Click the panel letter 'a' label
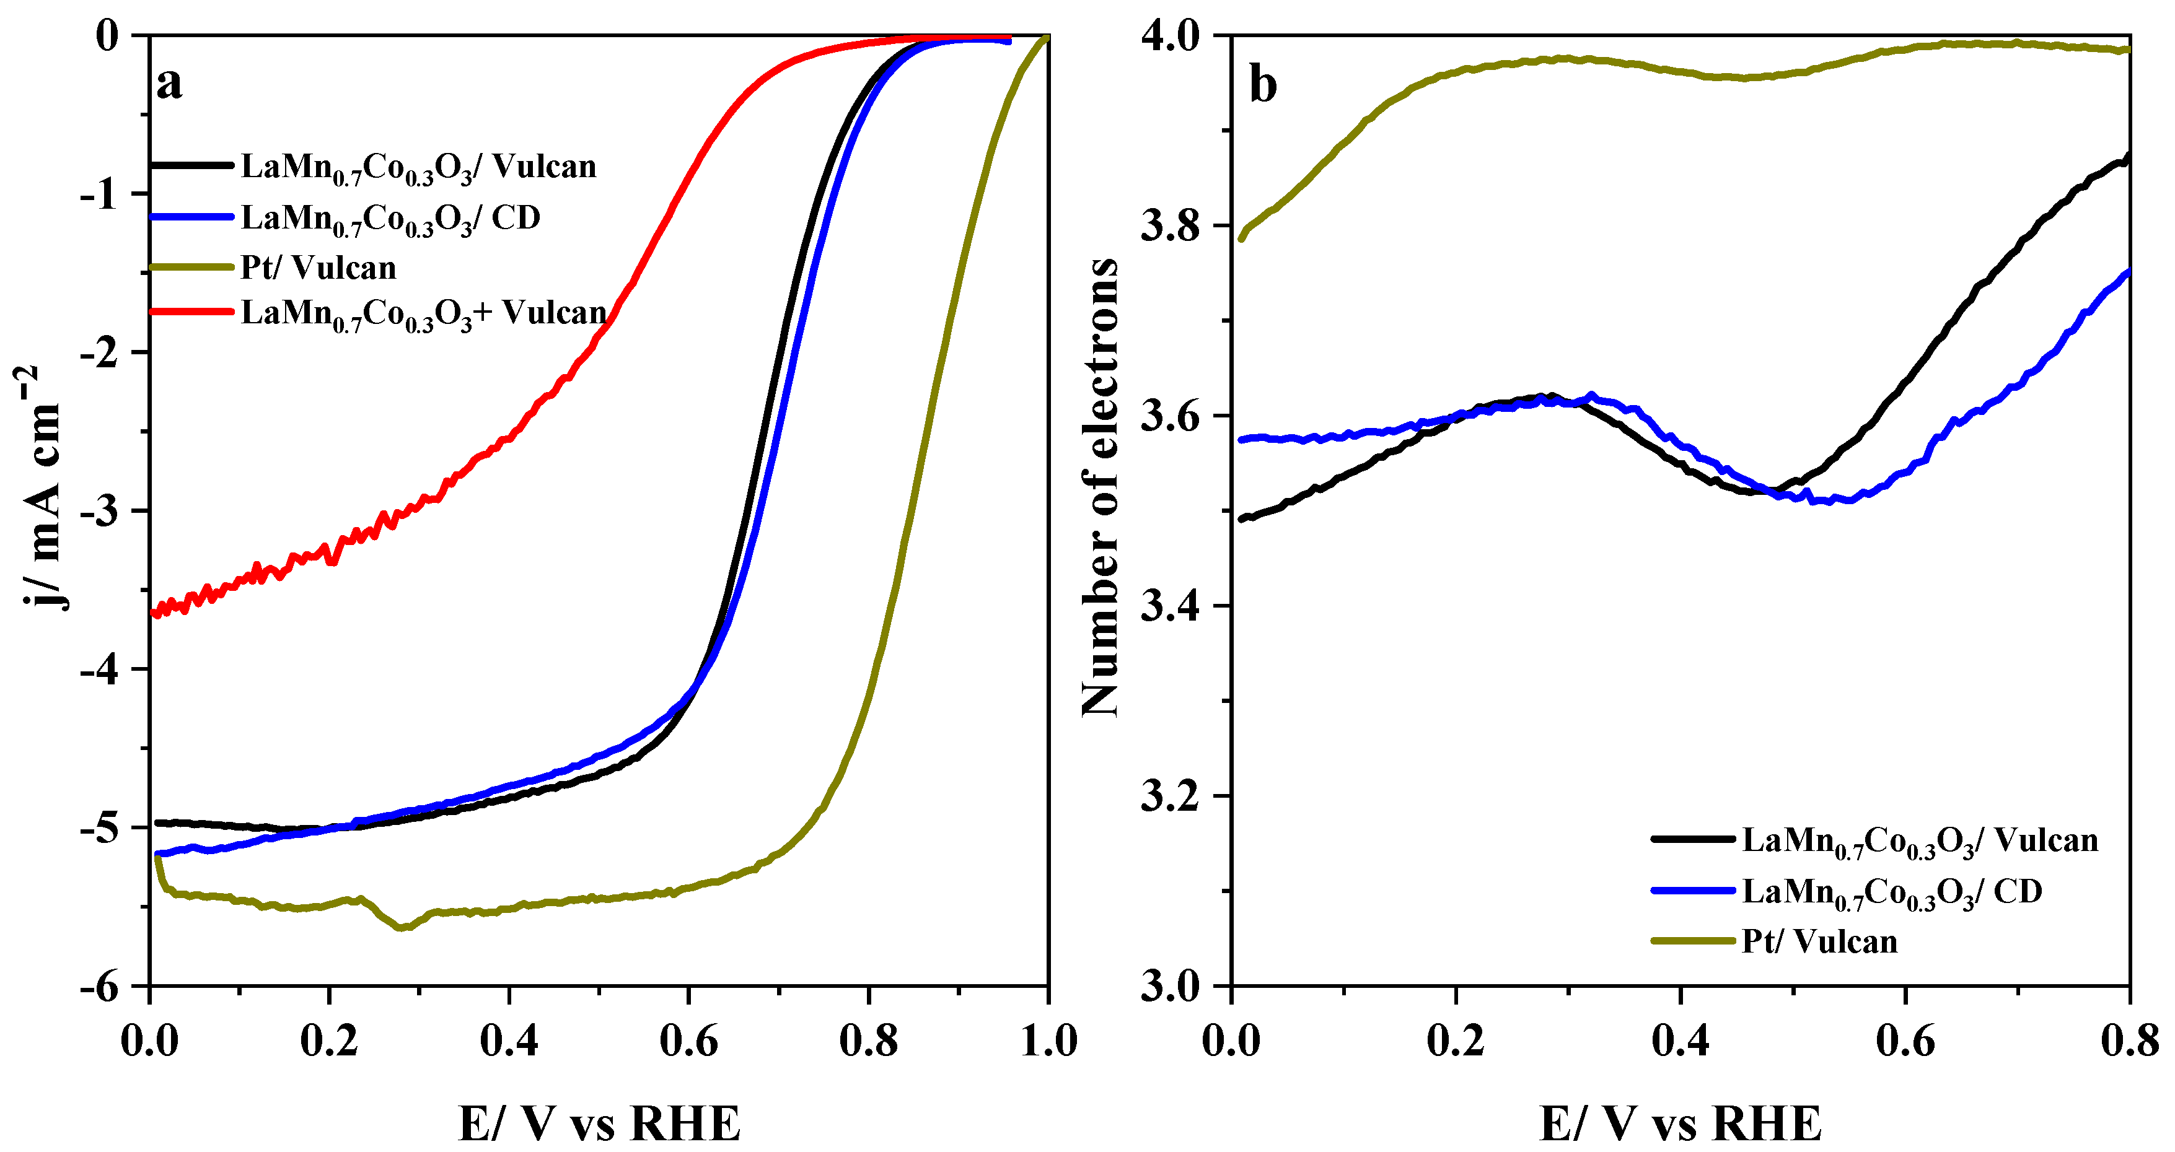(x=169, y=84)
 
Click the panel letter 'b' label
(x=1262, y=86)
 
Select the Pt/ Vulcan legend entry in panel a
(x=319, y=268)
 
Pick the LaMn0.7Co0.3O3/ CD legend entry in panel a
(x=390, y=219)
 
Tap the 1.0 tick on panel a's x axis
(x=1048, y=1041)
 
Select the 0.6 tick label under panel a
(x=688, y=1041)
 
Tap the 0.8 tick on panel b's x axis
(x=2129, y=1041)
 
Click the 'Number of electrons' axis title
(x=1099, y=488)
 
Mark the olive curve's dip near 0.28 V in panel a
(x=403, y=927)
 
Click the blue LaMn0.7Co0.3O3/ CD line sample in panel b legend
(x=1693, y=891)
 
